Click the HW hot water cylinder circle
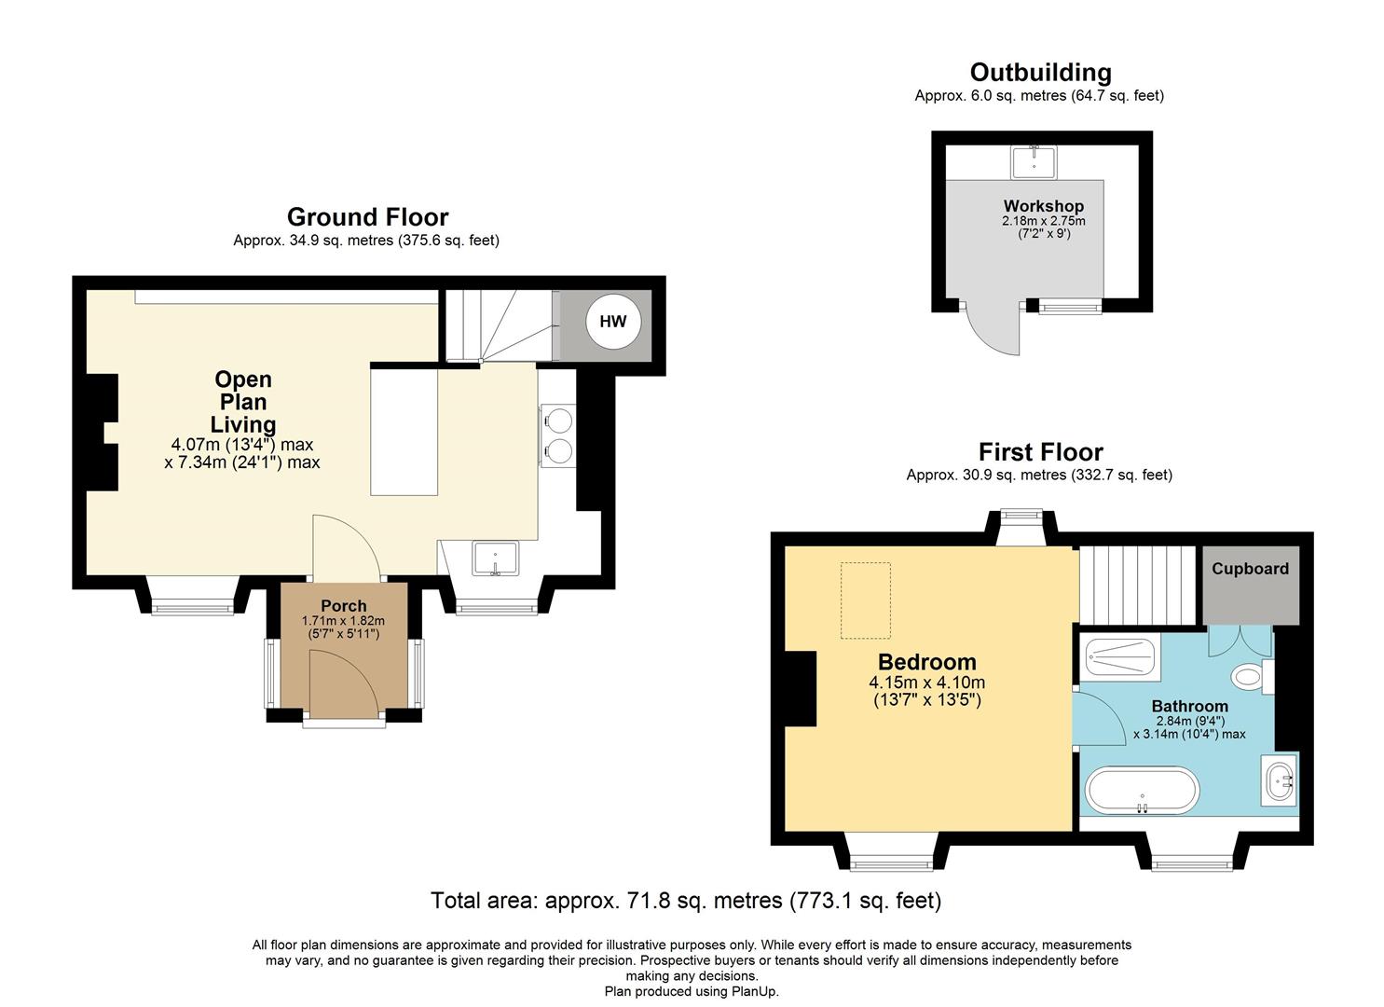[613, 321]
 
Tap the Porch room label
[344, 606]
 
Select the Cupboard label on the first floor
[1250, 569]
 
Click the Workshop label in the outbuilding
[1044, 206]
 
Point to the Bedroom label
[926, 662]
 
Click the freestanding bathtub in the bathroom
[1143, 791]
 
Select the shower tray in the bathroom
[1119, 658]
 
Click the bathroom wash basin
[1279, 780]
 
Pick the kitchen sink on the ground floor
[495, 559]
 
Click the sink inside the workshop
[1034, 162]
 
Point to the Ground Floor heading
[367, 217]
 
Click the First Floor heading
[1041, 452]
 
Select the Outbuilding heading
[1040, 73]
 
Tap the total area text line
[686, 901]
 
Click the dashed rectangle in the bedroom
[865, 600]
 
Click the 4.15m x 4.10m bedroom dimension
[926, 683]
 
